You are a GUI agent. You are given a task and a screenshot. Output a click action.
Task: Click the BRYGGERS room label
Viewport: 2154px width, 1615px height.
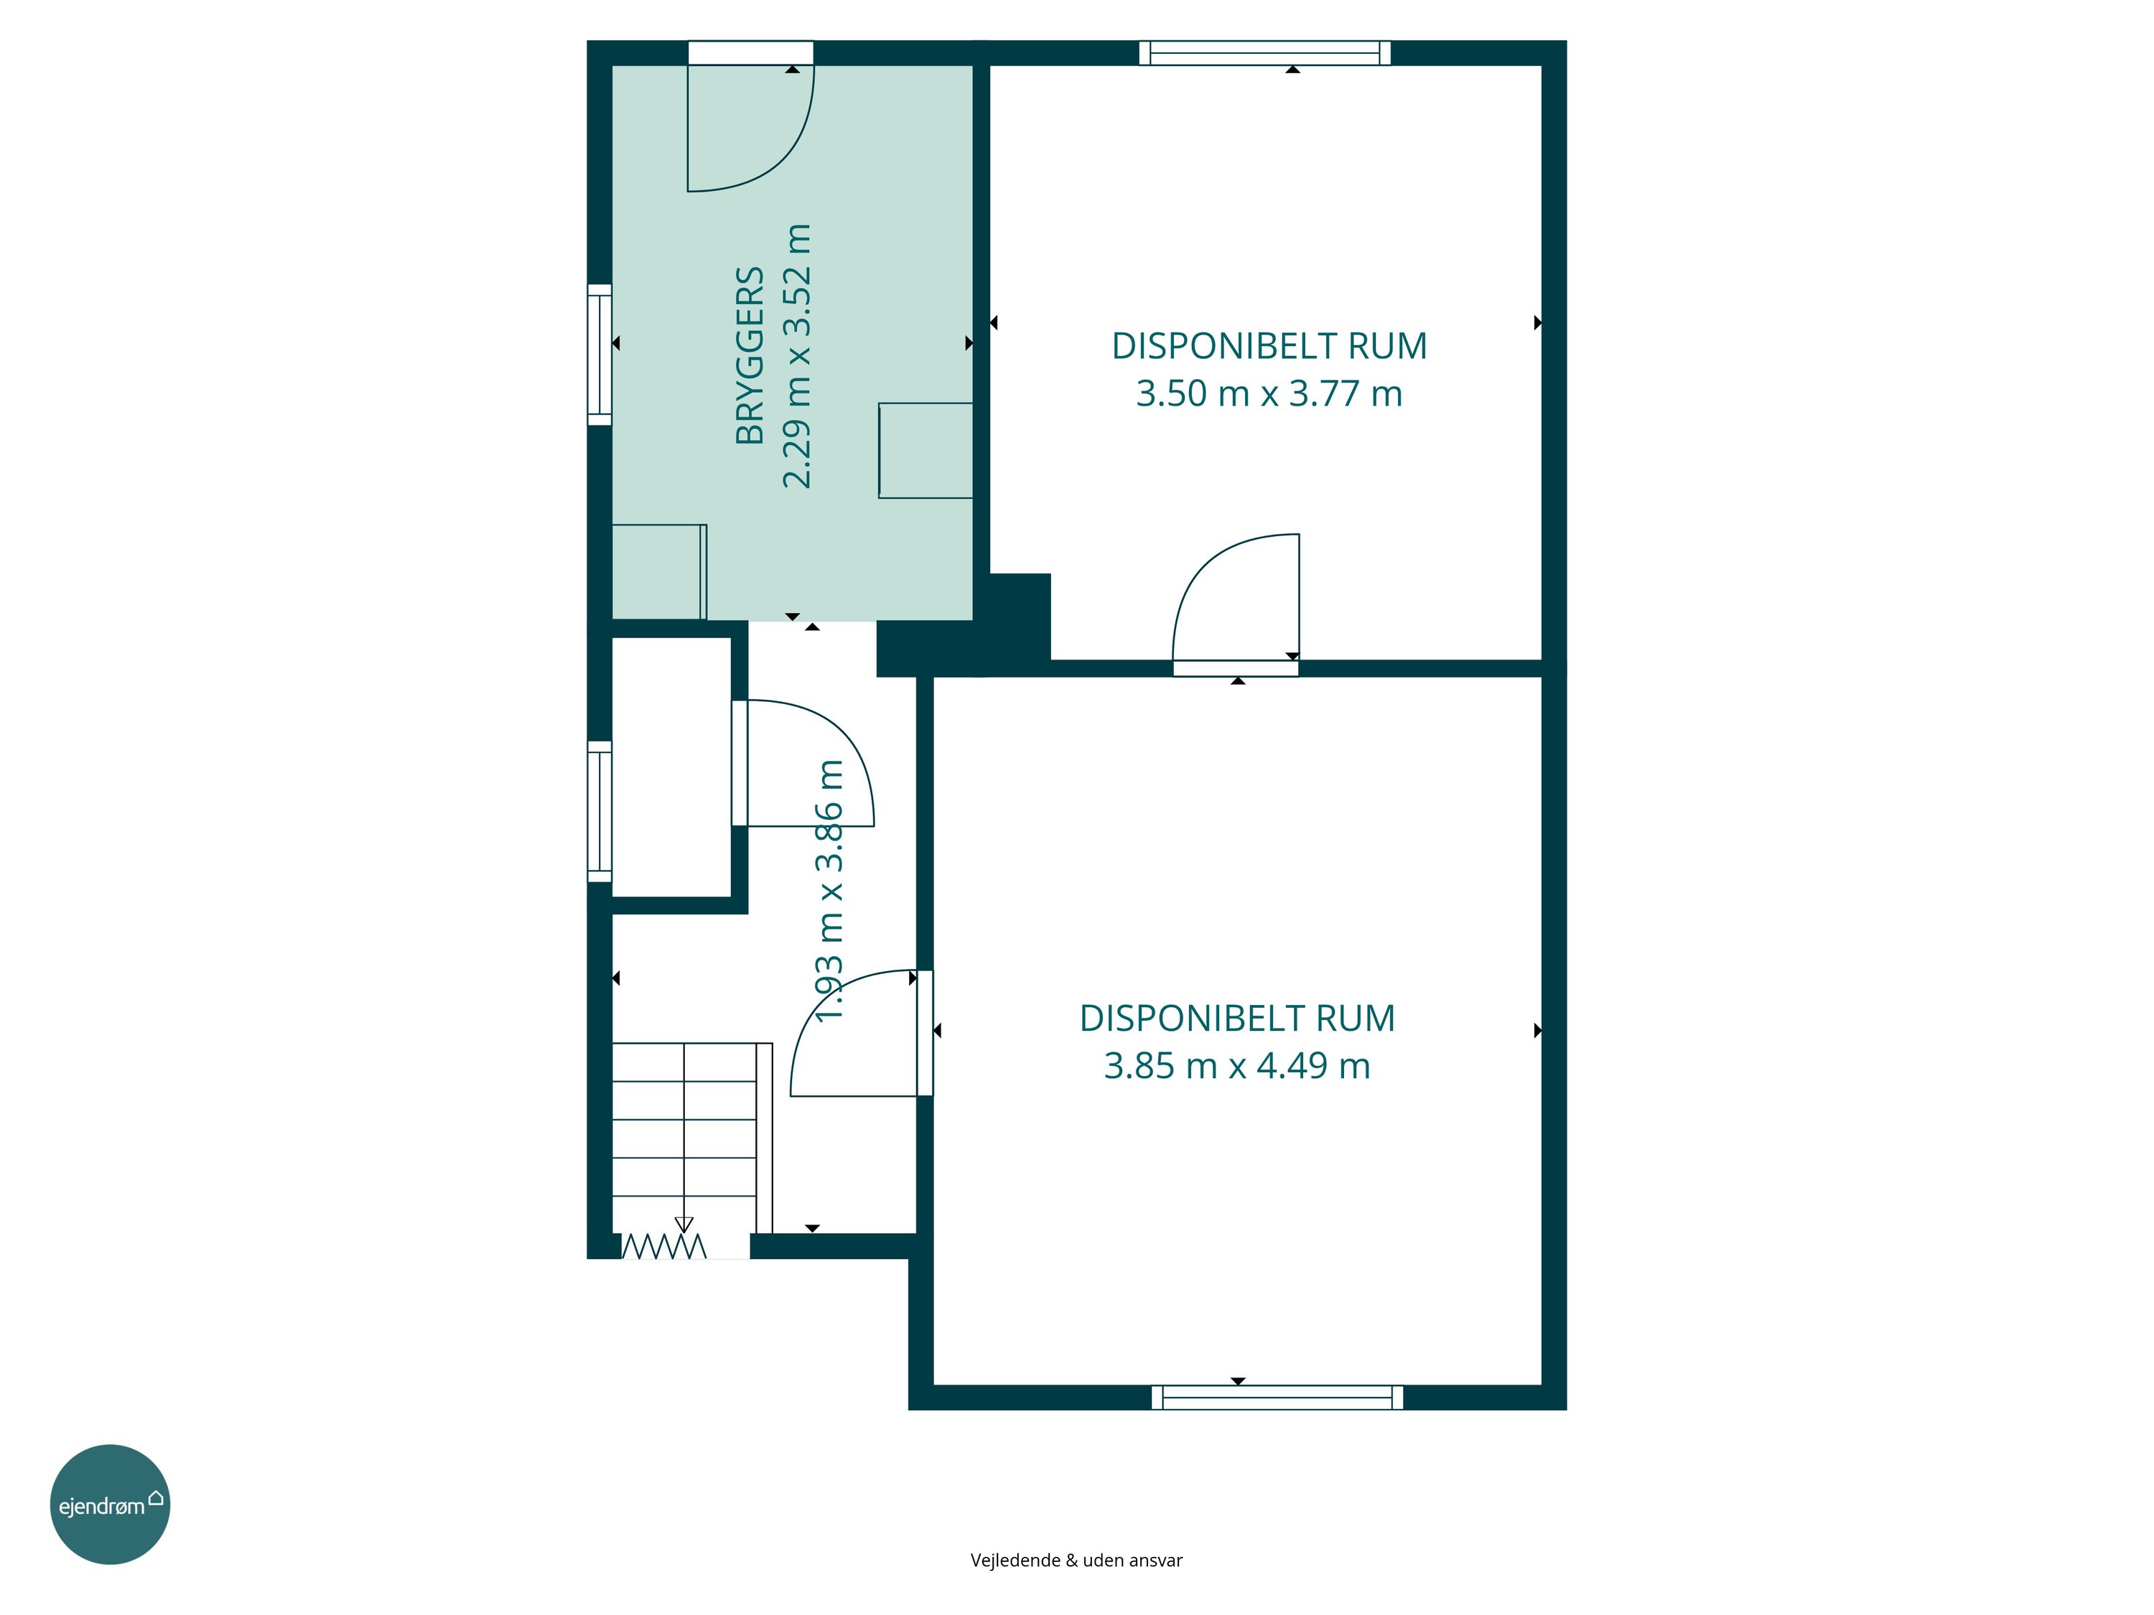click(x=750, y=355)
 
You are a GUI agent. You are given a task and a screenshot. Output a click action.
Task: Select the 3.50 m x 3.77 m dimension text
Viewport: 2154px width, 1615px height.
click(x=1269, y=394)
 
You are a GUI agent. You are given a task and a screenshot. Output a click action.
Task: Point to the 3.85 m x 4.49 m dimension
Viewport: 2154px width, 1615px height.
click(x=1236, y=1066)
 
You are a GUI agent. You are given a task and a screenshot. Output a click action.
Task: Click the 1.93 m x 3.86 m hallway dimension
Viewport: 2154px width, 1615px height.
click(x=829, y=891)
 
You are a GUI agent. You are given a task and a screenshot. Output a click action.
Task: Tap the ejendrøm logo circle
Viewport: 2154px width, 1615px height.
click(x=110, y=1504)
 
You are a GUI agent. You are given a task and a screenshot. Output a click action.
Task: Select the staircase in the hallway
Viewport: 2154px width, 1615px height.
click(x=692, y=1138)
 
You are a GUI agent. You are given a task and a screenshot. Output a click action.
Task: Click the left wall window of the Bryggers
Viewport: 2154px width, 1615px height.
click(x=600, y=355)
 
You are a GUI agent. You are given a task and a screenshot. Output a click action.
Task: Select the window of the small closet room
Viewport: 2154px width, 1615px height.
click(x=600, y=812)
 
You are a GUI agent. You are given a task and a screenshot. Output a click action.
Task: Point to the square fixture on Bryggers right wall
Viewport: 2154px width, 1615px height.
click(x=925, y=451)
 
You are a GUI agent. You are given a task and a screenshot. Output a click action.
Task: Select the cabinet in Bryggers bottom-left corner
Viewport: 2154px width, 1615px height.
click(x=659, y=571)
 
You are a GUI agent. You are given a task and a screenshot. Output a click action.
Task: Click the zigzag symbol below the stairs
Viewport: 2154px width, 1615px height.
click(x=663, y=1246)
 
